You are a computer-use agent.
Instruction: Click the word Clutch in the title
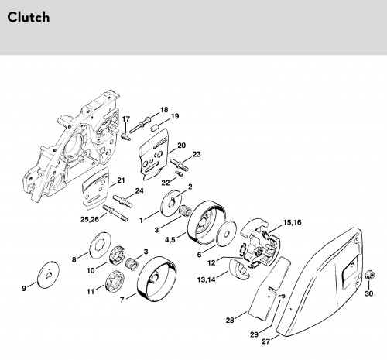29,17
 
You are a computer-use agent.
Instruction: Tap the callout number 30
369,293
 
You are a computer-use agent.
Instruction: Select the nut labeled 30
370,275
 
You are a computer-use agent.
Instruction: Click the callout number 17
126,119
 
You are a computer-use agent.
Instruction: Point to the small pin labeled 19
155,128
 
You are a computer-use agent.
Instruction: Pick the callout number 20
181,146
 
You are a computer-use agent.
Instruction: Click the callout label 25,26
90,219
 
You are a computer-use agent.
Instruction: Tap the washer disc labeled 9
48,274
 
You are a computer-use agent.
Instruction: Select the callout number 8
74,259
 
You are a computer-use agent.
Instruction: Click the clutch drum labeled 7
157,278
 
